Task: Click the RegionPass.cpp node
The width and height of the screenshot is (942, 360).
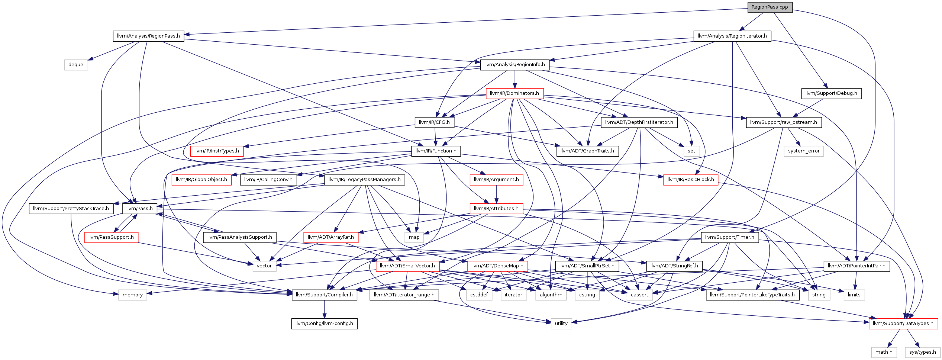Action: click(x=770, y=7)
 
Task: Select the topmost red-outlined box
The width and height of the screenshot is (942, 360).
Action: click(x=515, y=94)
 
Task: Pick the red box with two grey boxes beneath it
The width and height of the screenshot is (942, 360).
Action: click(x=903, y=324)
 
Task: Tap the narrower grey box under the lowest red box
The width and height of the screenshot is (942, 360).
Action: click(x=884, y=353)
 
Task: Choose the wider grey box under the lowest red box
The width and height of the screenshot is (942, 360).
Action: click(x=923, y=353)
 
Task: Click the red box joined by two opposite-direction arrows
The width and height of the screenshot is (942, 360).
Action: click(x=112, y=238)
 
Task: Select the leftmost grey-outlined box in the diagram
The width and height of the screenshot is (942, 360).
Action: click(x=76, y=65)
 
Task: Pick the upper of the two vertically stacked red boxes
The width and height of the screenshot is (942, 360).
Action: click(x=496, y=180)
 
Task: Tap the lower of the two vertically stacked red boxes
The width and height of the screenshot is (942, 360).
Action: click(x=496, y=209)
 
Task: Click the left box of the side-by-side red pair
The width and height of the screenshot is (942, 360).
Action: click(x=408, y=266)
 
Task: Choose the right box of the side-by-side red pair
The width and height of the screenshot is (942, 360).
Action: click(x=497, y=266)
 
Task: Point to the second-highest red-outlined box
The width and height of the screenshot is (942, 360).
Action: click(x=217, y=151)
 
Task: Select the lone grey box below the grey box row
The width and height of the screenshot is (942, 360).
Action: click(x=561, y=324)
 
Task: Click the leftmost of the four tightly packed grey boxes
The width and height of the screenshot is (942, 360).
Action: click(x=479, y=295)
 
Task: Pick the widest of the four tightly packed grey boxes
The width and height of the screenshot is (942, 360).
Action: click(x=551, y=295)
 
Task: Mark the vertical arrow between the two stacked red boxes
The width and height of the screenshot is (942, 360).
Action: click(x=496, y=194)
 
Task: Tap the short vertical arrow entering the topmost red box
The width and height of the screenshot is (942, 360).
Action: click(x=515, y=79)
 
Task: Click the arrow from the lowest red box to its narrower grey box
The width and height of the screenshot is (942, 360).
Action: click(x=894, y=338)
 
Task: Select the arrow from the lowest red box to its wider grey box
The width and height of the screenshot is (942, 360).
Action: click(x=913, y=338)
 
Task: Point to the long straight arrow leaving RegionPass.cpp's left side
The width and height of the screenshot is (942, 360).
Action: click(x=465, y=22)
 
